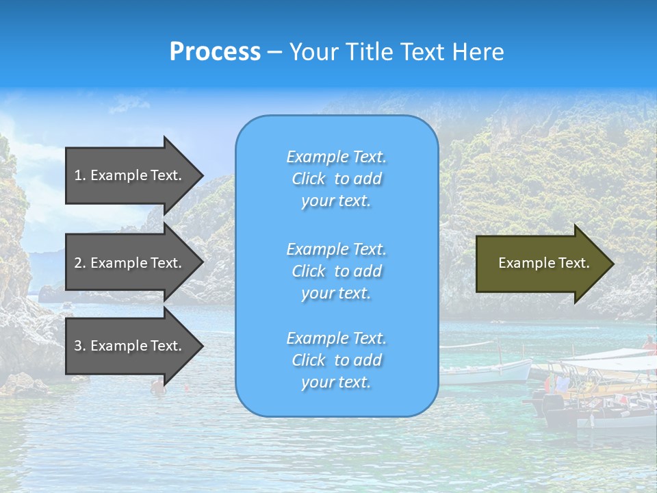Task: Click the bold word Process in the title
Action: click(x=215, y=52)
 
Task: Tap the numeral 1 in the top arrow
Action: click(x=78, y=175)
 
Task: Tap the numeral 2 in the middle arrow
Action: click(x=78, y=263)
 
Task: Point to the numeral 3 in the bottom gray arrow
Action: click(x=78, y=346)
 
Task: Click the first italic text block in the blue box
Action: click(x=336, y=179)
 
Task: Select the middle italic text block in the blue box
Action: click(x=336, y=271)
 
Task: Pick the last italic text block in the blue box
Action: click(x=336, y=360)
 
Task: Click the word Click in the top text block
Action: click(x=309, y=179)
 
